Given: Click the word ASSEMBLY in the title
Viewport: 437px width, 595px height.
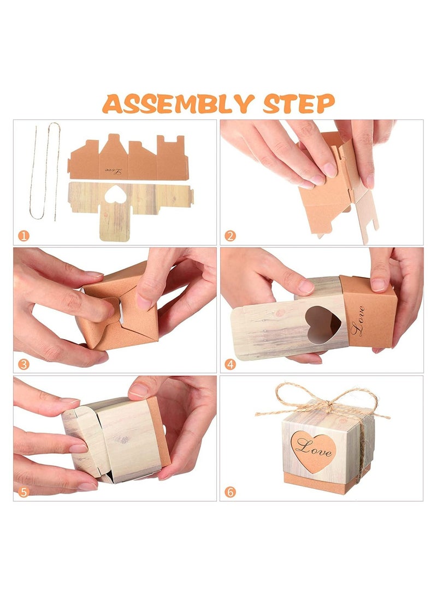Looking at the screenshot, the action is coord(178,104).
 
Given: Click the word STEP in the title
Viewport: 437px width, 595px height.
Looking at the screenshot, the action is coord(299,104).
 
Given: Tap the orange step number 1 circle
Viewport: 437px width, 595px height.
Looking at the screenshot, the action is coord(23,236).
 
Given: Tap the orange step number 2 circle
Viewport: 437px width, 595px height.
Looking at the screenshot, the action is coord(230,236).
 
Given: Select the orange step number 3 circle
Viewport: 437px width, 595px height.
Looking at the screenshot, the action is coord(23,364).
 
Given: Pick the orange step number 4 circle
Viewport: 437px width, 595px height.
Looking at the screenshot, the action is coord(230,364).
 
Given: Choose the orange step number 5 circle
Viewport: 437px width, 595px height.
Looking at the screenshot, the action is coord(23,492).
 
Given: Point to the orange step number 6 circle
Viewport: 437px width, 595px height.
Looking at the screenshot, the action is coord(230,492).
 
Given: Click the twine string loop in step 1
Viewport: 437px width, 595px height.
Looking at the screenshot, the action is coord(45,171).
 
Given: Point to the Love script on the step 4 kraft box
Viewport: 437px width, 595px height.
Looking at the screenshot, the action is coord(357,321).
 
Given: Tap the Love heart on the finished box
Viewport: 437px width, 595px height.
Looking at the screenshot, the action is coord(313,452).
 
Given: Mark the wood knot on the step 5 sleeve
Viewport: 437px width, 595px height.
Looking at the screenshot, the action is coord(122,440).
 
